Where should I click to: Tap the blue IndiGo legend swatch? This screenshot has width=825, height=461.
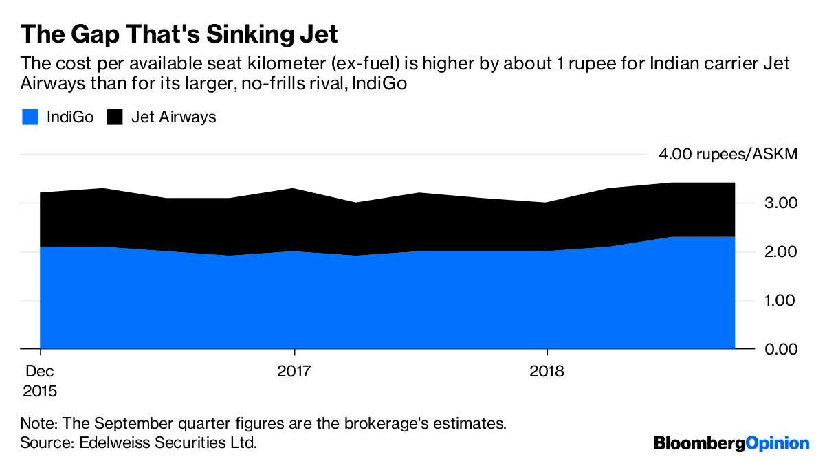tap(30, 117)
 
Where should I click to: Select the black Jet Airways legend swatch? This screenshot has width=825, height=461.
tap(114, 117)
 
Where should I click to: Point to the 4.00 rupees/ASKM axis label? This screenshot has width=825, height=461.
tap(728, 154)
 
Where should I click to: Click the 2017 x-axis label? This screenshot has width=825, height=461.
tap(294, 372)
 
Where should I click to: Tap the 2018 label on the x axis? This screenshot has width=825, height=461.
tap(547, 372)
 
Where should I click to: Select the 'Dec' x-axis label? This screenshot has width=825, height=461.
tap(40, 372)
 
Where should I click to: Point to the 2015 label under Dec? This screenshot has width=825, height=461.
tap(40, 392)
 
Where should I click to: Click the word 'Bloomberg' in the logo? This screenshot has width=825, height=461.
tap(699, 443)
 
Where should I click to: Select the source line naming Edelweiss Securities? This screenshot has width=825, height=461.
tap(139, 442)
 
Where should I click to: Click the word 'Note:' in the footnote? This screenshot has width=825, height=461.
tap(38, 423)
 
